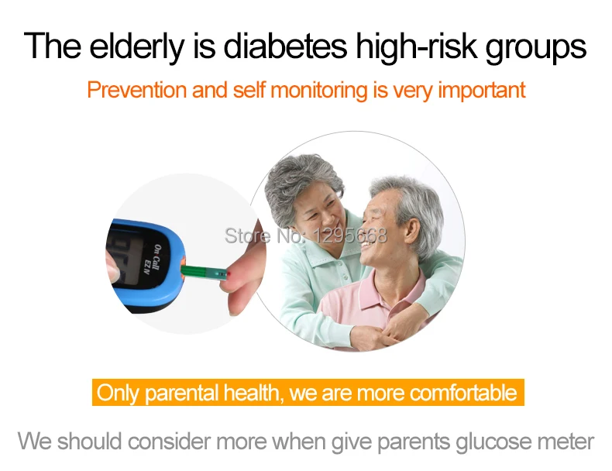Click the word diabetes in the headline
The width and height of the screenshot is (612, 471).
285,46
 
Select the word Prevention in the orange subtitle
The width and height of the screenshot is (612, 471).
136,90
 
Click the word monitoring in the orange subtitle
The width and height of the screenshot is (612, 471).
319,91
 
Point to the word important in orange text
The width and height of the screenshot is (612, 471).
482,91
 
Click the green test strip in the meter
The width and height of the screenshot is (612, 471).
205,273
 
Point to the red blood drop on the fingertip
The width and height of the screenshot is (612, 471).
229,274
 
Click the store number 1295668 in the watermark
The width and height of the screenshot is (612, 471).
350,235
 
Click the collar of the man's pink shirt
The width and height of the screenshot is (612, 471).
384,289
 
